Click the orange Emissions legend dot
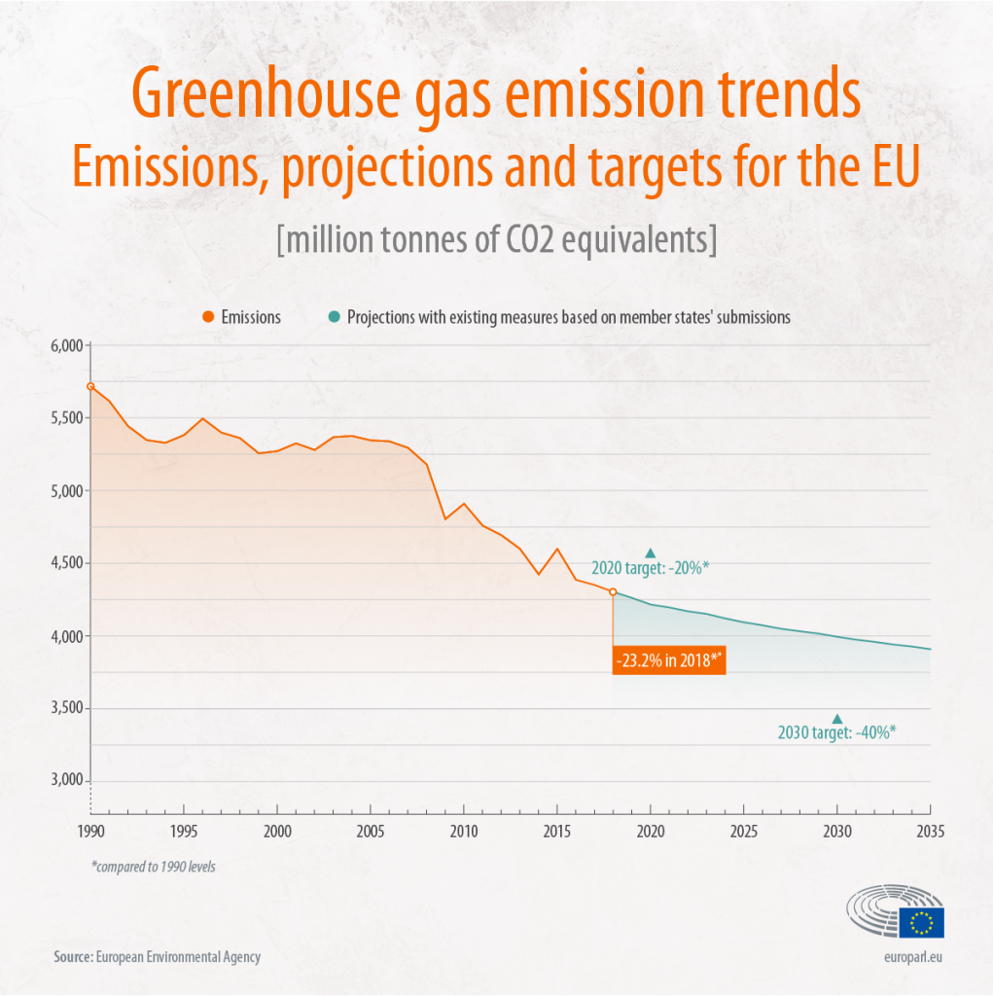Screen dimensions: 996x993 [x=208, y=316]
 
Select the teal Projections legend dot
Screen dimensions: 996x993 [x=334, y=316]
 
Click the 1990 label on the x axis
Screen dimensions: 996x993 [x=90, y=832]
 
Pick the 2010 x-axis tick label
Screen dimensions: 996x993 [x=463, y=832]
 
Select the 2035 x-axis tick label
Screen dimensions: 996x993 [x=930, y=832]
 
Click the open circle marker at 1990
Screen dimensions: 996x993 [x=90, y=386]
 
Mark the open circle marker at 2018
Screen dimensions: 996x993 [x=613, y=591]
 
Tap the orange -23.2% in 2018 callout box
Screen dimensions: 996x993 [x=669, y=660]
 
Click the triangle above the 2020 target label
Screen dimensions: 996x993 [x=651, y=552]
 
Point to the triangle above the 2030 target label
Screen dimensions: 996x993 [x=836, y=719]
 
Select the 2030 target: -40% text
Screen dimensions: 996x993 [x=836, y=733]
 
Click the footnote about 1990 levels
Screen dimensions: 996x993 [x=153, y=866]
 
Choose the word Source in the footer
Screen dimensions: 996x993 [x=72, y=956]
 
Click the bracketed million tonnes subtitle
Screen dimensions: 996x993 [x=496, y=239]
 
